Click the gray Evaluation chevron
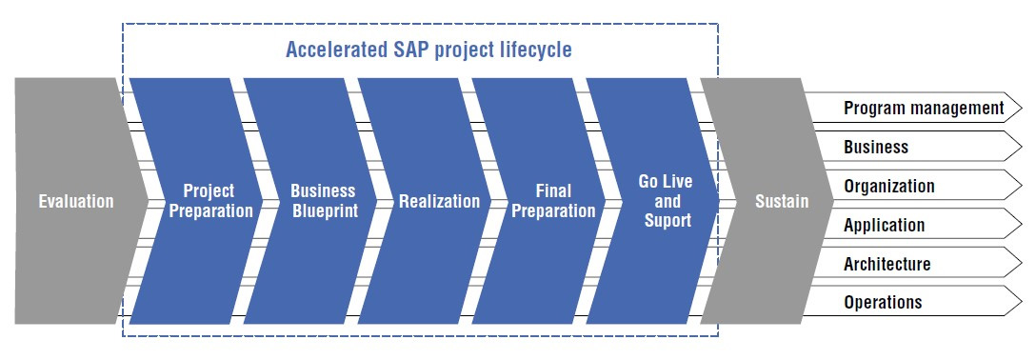(x=75, y=201)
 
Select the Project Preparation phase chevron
(x=195, y=201)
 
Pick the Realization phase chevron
(x=425, y=201)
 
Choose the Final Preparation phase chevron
(x=540, y=201)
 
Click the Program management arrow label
(x=923, y=108)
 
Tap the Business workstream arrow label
(x=876, y=147)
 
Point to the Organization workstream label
(x=889, y=186)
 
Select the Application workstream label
(x=884, y=225)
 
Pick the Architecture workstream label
(x=887, y=264)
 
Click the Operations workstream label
(x=883, y=303)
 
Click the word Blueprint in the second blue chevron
(x=324, y=210)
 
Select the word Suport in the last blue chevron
(x=667, y=221)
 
